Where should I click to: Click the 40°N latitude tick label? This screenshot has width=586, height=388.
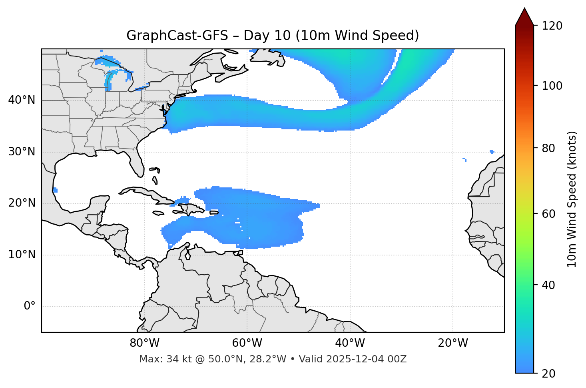[22, 100]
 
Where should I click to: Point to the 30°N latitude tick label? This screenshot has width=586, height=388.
[22, 152]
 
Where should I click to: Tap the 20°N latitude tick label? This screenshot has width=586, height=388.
[22, 203]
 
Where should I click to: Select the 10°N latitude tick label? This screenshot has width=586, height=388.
[22, 255]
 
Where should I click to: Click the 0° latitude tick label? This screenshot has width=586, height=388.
[30, 306]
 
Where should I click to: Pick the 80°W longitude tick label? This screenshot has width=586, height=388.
[144, 343]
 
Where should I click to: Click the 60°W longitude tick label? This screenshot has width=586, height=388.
[247, 343]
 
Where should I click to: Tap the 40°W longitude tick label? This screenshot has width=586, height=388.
[350, 343]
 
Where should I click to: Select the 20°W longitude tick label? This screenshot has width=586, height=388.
[453, 343]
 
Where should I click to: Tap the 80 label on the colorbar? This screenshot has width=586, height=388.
[550, 149]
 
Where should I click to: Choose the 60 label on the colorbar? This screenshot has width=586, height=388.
[550, 214]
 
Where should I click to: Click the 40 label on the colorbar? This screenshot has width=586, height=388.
[550, 285]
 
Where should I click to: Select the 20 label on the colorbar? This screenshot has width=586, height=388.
[550, 374]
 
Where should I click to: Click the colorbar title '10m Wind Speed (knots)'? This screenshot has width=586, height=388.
[572, 199]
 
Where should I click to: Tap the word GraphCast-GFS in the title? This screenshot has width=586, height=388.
[177, 36]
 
